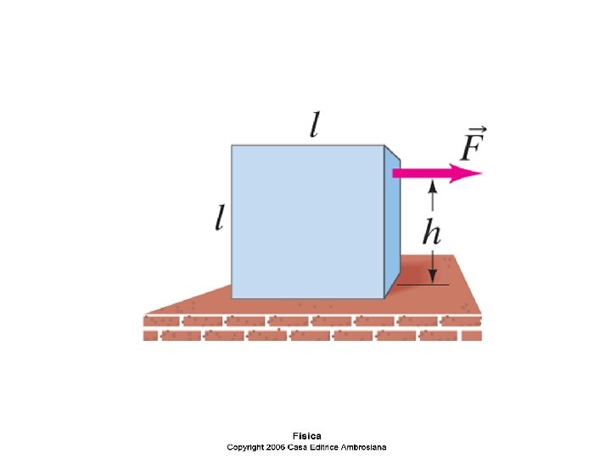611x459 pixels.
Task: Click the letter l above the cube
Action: pos(315,127)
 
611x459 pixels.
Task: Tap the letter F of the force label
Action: pos(474,148)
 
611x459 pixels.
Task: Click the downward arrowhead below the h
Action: pos(433,277)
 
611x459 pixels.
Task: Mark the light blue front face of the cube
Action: pos(307,222)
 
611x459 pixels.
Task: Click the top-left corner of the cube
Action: pos(233,146)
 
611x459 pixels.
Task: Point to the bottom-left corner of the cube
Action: pos(233,297)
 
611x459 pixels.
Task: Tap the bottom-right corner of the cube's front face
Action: pos(384,297)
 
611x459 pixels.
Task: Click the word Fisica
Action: pos(306,436)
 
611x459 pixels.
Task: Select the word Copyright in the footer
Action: pos(247,447)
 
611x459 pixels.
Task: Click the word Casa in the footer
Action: pos(300,447)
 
